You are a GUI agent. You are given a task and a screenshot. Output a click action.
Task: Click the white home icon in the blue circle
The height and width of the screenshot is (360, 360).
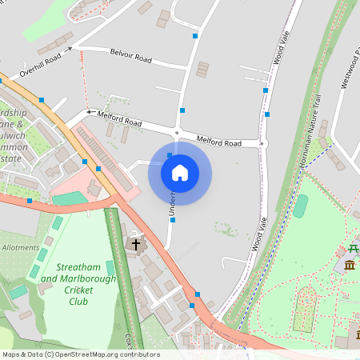(180, 173)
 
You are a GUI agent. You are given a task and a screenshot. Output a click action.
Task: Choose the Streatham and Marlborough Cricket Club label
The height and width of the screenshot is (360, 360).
(78, 284)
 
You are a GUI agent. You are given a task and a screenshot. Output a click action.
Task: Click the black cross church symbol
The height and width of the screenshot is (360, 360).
(136, 243)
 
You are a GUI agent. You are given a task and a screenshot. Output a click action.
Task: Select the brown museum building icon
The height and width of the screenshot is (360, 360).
(349, 265)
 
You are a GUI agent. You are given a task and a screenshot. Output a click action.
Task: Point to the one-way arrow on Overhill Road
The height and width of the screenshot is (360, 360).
(69, 49)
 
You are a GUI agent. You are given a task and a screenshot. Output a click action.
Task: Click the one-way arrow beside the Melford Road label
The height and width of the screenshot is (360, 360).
(90, 113)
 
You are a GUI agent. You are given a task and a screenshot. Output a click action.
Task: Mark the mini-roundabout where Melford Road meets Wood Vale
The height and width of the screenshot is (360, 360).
(264, 144)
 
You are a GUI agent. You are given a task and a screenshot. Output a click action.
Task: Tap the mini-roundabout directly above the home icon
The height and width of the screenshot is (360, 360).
(178, 133)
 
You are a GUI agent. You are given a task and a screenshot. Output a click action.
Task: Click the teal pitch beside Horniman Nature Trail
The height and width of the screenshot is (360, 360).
(300, 206)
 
